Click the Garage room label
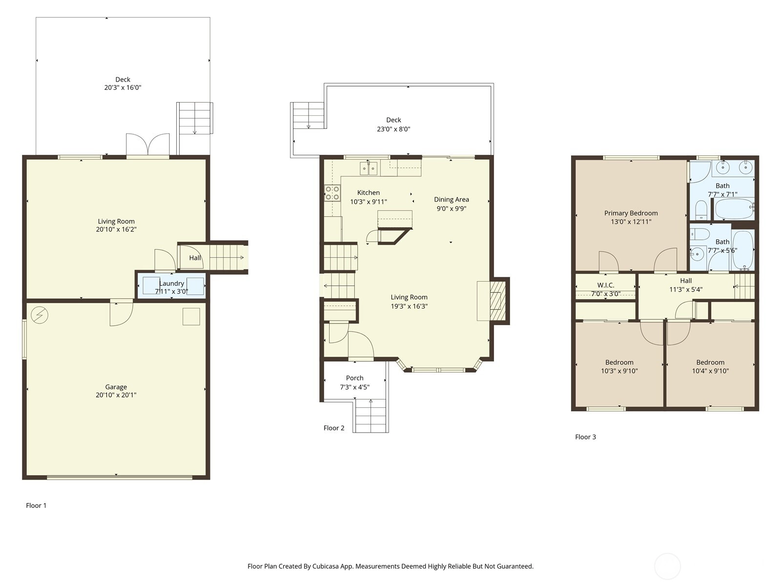click(116, 387)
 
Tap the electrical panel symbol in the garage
click(39, 315)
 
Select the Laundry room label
click(171, 283)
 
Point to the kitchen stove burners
click(332, 193)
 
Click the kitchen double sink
click(368, 168)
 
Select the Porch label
click(355, 378)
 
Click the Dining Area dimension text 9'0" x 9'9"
click(451, 209)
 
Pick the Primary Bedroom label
click(631, 213)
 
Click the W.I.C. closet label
click(606, 285)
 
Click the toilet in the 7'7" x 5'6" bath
click(699, 234)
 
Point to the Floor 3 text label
click(585, 437)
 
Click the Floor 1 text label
click(36, 505)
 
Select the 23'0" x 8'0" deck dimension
click(393, 129)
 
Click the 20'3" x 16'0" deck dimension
click(123, 87)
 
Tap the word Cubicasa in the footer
click(326, 566)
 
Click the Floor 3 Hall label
click(686, 280)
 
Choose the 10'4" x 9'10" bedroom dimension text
click(710, 371)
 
